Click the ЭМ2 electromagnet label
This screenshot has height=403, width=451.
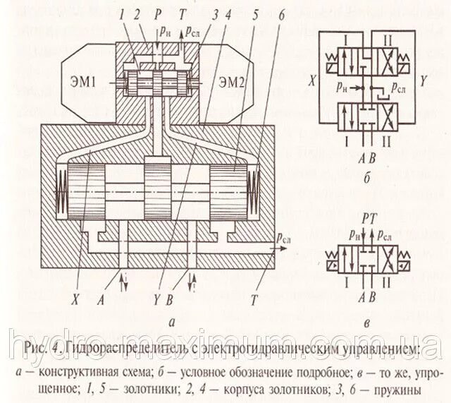pyautogui.click(x=231, y=80)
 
